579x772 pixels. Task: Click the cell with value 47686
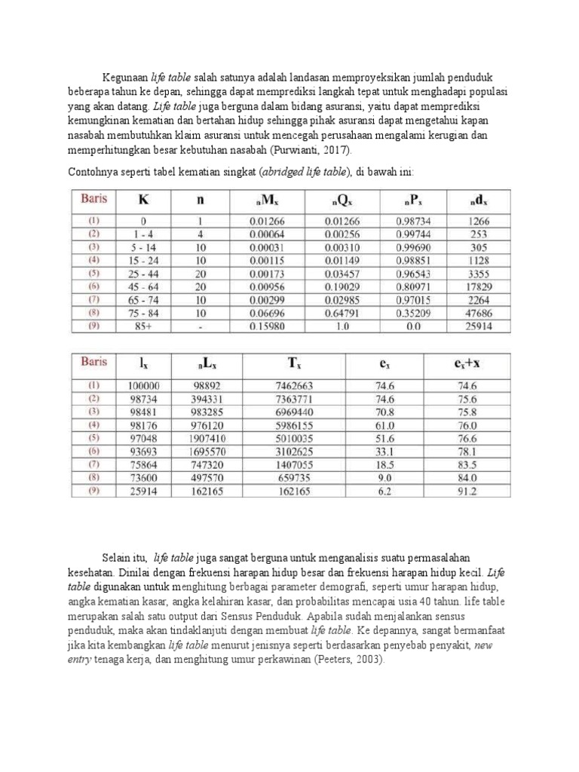coord(478,313)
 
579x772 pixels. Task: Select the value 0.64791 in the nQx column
coord(342,313)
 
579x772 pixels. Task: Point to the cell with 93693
coord(144,451)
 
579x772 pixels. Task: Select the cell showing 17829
coord(478,287)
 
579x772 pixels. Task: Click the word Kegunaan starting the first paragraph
coord(126,78)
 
